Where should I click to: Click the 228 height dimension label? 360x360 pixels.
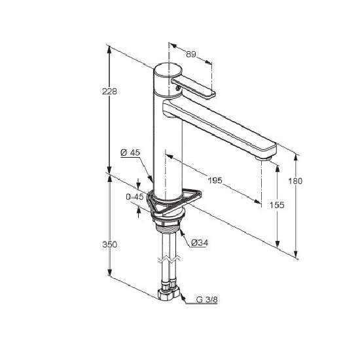click(109, 92)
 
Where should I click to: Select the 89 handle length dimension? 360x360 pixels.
click(190, 54)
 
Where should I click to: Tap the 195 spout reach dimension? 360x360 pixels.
click(215, 180)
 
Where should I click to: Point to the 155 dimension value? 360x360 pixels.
click(277, 205)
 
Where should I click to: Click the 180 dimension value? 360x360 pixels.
click(295, 181)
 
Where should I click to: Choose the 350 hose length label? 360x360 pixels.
click(110, 245)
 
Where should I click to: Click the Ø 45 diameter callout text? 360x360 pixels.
click(130, 153)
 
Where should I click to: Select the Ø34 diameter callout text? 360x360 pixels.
click(200, 242)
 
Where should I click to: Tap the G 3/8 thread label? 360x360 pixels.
click(207, 299)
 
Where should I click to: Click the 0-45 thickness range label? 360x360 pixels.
click(135, 197)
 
